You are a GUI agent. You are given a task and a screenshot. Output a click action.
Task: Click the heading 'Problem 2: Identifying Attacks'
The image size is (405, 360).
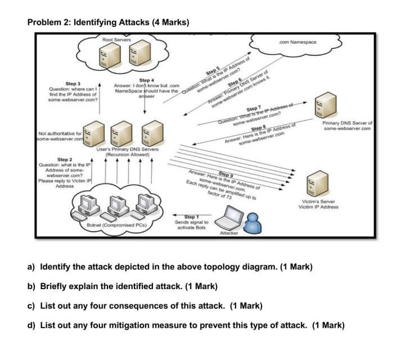tap(108, 22)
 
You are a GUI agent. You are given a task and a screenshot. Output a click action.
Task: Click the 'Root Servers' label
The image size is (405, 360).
tap(116, 40)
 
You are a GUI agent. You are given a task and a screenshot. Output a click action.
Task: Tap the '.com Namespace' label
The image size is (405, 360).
tap(298, 42)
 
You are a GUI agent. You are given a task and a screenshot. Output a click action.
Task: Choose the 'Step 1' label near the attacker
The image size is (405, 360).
tap(190, 217)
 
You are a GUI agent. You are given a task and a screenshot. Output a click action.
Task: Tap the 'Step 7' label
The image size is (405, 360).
tap(254, 108)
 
